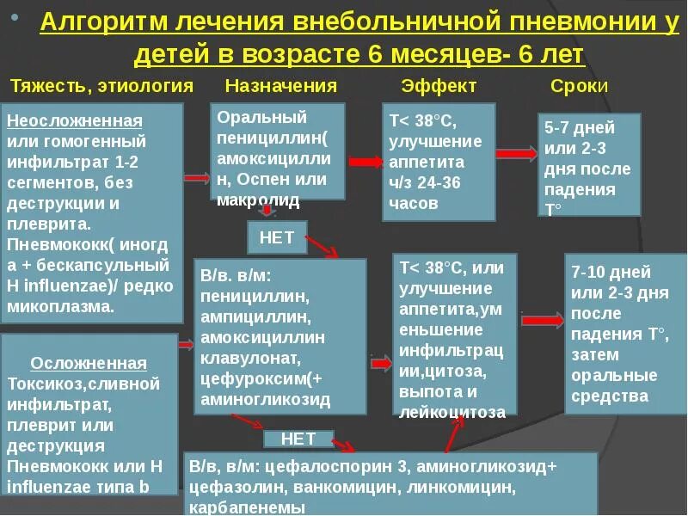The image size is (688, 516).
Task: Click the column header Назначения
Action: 280,86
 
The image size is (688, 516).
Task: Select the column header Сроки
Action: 579,86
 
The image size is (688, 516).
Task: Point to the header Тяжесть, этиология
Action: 101,86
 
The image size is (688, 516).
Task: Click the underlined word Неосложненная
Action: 74,120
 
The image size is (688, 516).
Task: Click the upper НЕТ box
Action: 276,237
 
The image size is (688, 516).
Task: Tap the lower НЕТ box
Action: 298,439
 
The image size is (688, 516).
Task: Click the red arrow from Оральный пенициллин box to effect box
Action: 365,161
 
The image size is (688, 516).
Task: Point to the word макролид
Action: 258,200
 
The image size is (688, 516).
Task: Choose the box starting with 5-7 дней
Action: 589,164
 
